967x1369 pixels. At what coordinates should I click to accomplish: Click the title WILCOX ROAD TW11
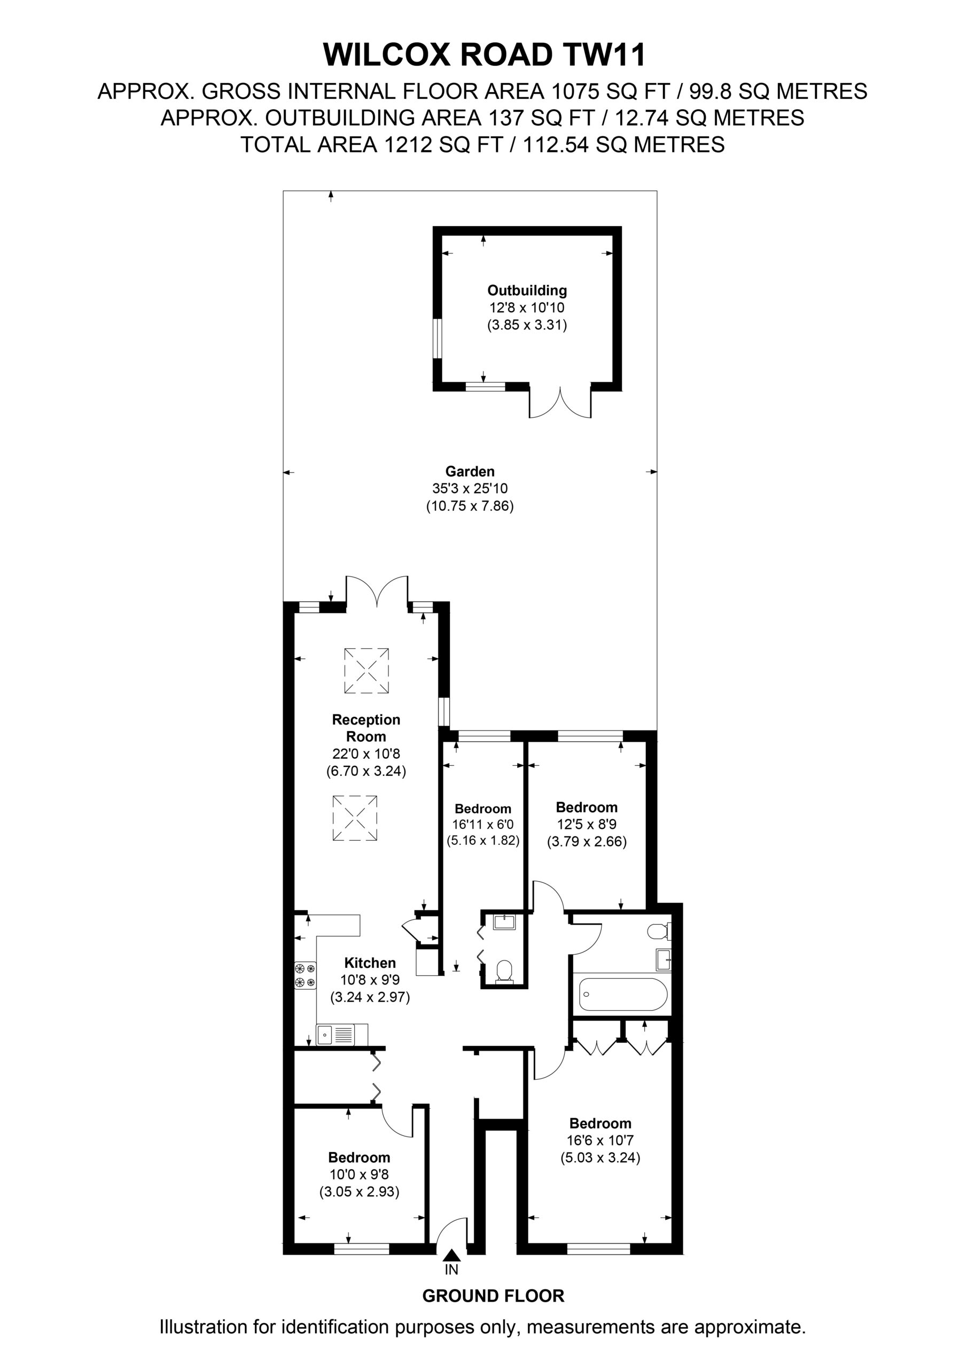click(x=484, y=56)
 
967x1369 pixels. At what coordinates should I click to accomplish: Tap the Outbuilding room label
click(x=527, y=290)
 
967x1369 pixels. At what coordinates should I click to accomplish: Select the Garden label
click(x=470, y=471)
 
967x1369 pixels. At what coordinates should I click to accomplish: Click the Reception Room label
click(x=366, y=727)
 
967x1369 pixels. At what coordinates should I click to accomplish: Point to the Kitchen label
click(x=370, y=963)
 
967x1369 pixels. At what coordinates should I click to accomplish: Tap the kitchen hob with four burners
click(x=305, y=975)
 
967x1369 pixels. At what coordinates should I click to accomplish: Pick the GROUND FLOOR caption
click(x=493, y=1296)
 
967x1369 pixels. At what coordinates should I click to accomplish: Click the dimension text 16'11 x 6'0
click(x=482, y=825)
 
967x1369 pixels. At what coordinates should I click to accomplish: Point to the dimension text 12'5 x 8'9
click(x=587, y=825)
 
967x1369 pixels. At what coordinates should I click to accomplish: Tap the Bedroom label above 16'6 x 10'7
click(x=600, y=1124)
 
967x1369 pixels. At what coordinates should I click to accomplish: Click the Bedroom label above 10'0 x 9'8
click(x=359, y=1157)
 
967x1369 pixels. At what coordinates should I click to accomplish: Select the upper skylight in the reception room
click(x=366, y=671)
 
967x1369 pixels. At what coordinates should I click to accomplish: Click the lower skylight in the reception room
click(x=355, y=818)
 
